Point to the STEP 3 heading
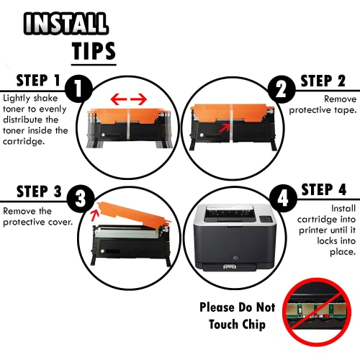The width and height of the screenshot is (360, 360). click(32, 191)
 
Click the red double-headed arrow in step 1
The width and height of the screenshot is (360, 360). click(129, 98)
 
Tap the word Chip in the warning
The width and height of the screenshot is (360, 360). click(250, 324)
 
